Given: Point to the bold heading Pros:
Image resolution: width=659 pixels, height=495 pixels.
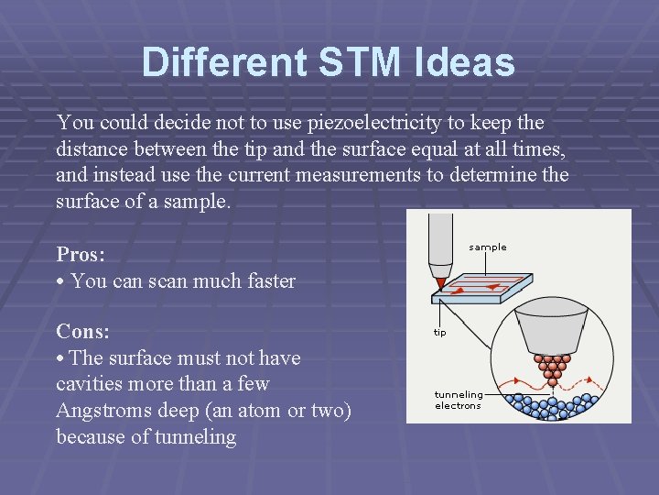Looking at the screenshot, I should [81, 254].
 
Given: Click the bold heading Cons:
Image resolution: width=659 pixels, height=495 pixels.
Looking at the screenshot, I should [82, 331].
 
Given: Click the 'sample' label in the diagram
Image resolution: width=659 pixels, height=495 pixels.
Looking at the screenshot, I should [487, 247].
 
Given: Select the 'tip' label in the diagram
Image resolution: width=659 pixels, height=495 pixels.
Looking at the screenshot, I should [440, 333].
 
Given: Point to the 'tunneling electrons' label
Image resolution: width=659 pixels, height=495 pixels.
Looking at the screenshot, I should [459, 400].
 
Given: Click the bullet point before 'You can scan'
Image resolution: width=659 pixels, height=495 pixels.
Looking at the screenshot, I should [60, 282].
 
